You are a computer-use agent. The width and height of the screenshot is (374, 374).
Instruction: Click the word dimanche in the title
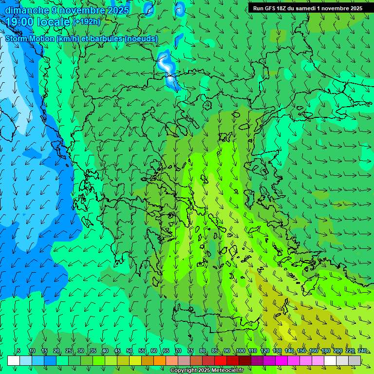click(x=27, y=10)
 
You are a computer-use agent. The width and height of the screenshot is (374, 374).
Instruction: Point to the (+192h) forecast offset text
click(x=86, y=22)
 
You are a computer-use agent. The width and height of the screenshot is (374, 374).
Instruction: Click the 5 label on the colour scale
click(x=18, y=351)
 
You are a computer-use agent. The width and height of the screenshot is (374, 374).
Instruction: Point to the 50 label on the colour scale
click(x=130, y=351)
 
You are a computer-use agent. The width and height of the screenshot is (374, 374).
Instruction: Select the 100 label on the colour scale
click(x=241, y=351)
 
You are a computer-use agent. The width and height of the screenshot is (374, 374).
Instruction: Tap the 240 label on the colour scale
click(x=362, y=351)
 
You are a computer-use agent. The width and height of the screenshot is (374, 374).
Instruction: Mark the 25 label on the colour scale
click(x=69, y=351)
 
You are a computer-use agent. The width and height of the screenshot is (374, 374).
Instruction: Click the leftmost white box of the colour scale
click(x=14, y=360)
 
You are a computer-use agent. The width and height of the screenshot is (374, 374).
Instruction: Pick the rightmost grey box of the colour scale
click(x=355, y=360)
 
